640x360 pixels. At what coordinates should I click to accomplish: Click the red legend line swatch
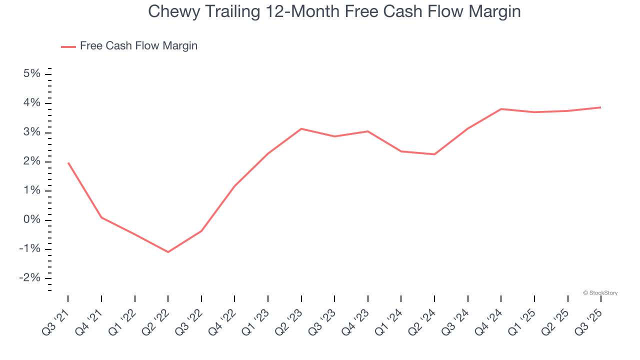(x=68, y=46)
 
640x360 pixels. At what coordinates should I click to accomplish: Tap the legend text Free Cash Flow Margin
(x=138, y=46)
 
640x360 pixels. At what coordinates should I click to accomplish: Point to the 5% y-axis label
(x=31, y=74)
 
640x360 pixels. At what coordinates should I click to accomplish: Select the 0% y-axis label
(x=31, y=220)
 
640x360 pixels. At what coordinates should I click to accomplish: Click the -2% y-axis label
(x=29, y=278)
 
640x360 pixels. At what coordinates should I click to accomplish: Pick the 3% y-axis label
(x=31, y=132)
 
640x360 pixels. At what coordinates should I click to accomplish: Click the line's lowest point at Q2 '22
(x=168, y=252)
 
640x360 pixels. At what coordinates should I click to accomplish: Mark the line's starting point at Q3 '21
(x=68, y=163)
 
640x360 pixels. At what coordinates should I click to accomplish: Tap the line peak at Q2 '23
(x=301, y=128)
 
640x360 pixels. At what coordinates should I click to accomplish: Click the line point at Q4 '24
(x=501, y=109)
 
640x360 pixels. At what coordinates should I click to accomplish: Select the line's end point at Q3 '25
(x=600, y=107)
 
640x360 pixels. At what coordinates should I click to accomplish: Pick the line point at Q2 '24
(x=434, y=154)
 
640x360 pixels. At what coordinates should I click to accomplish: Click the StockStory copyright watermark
(x=600, y=293)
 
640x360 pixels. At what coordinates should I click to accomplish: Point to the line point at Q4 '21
(x=101, y=217)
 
